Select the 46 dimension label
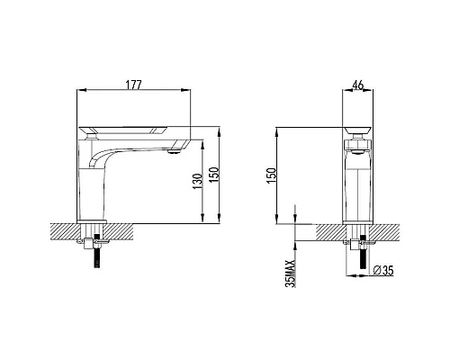(x=358, y=85)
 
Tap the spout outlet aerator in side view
(x=173, y=153)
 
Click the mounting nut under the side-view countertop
(x=94, y=239)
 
